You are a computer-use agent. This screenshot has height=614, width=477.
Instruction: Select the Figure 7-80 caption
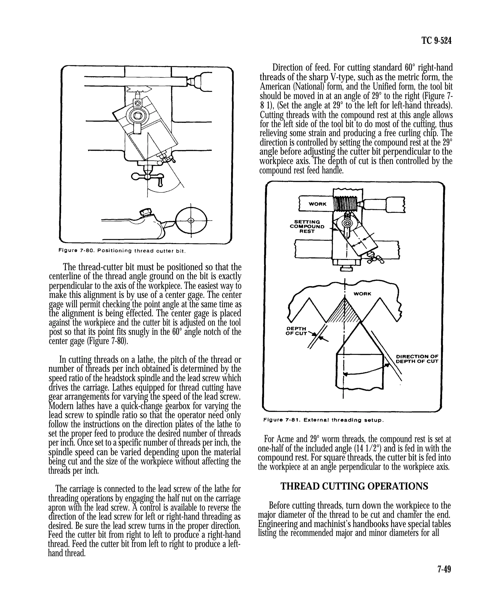tap(122, 251)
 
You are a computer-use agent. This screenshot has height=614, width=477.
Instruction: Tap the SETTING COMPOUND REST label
tap(307, 227)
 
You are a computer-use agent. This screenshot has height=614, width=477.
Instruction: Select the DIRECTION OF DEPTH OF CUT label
tap(417, 359)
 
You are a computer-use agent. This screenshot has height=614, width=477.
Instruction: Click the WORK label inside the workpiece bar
tap(317, 204)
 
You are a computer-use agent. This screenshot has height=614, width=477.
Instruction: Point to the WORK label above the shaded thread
tap(362, 294)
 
